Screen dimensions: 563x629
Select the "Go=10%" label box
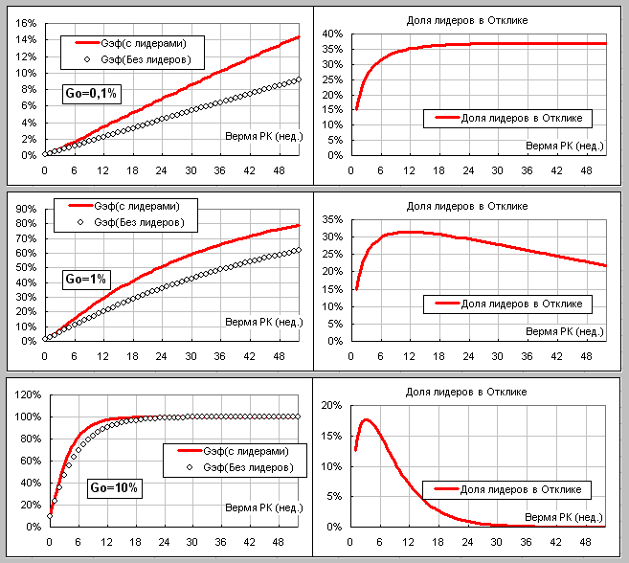click(x=114, y=487)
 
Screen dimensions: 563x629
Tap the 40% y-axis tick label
click(x=331, y=34)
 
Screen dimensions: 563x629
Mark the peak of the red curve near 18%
click(x=366, y=419)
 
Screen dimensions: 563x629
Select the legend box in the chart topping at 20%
click(x=507, y=489)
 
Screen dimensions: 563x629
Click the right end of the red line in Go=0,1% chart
click(x=300, y=36)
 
